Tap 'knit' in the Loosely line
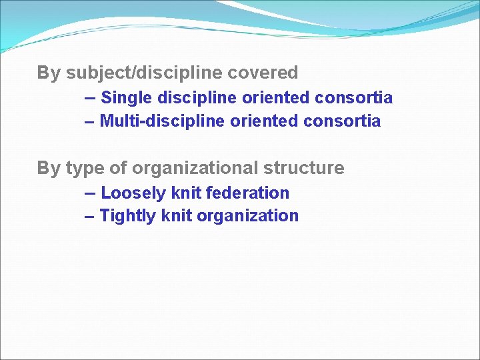click(x=186, y=193)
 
